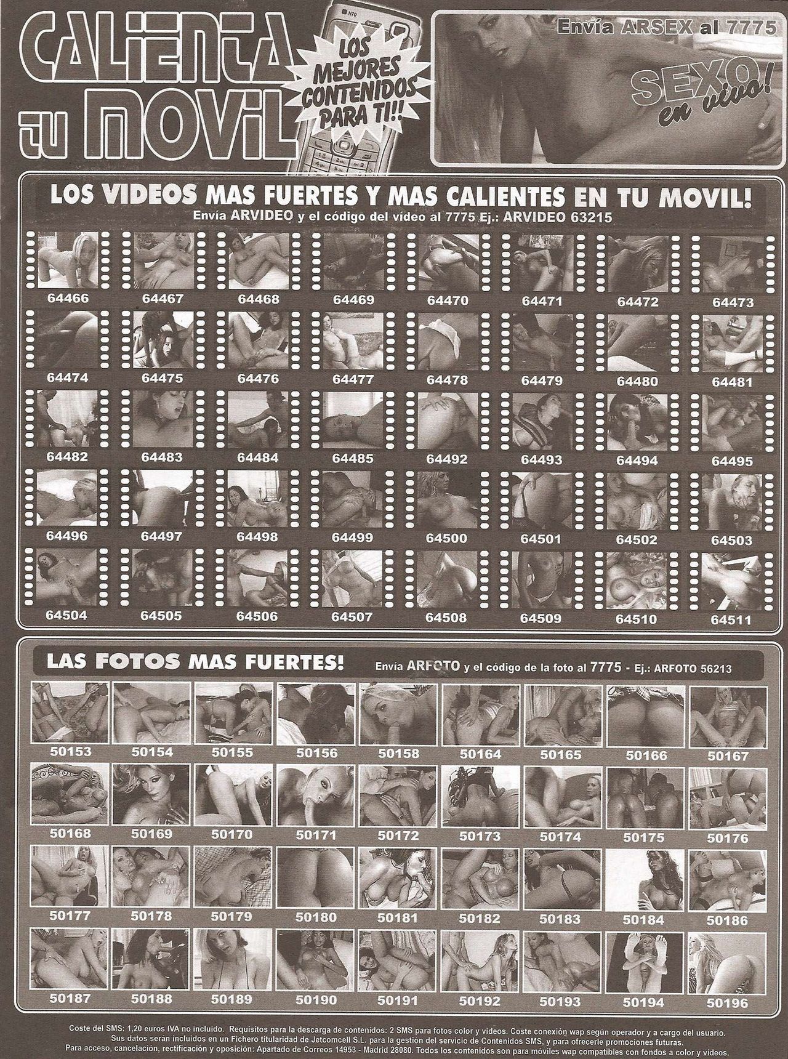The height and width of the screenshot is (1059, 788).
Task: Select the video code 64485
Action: [x=353, y=458]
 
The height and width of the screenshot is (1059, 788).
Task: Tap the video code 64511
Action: [x=732, y=620]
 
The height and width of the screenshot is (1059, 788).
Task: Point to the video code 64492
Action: [x=448, y=459]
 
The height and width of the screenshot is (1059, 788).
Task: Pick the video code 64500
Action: [x=448, y=538]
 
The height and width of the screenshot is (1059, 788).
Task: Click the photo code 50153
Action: [x=70, y=752]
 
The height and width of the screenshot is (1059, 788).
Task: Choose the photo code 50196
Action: [x=728, y=1003]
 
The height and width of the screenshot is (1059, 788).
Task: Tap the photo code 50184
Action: [x=643, y=920]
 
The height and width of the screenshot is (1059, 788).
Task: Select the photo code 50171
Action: [x=316, y=836]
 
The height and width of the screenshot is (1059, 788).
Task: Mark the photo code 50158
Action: [x=398, y=753]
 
